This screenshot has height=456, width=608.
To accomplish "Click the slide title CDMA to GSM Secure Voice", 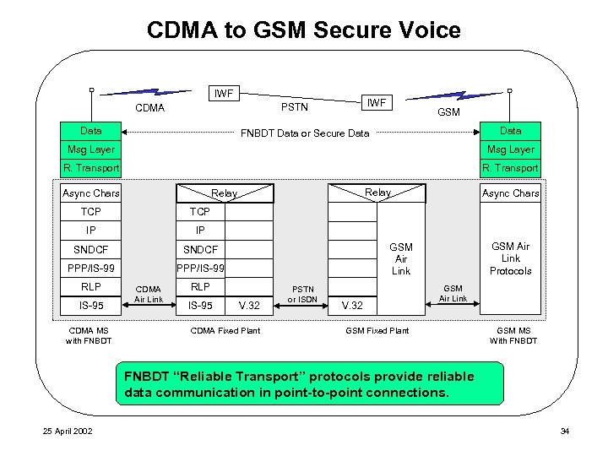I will [x=303, y=30].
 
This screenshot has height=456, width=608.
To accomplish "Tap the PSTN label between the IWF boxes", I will [x=294, y=107].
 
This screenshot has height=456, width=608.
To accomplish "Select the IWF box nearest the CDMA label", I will [x=225, y=92].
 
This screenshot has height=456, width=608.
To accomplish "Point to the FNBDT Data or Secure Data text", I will [x=305, y=133].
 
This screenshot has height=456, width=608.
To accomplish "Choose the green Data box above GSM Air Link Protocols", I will [x=510, y=131].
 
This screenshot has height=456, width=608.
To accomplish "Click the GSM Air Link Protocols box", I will [x=510, y=258].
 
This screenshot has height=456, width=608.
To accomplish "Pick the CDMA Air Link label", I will [x=149, y=294].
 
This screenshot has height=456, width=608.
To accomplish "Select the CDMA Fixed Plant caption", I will [x=225, y=331].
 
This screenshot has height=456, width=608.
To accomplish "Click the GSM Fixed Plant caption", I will [x=377, y=331].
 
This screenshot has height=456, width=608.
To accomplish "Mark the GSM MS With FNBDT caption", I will [x=513, y=335].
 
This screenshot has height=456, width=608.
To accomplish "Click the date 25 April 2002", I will [x=68, y=432].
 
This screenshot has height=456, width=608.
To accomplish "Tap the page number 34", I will [x=565, y=432].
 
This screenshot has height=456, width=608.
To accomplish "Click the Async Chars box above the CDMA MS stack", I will [x=90, y=193].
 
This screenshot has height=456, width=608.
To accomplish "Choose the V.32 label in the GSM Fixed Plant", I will [x=353, y=305].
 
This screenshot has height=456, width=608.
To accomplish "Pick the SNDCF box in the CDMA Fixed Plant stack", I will [x=201, y=249].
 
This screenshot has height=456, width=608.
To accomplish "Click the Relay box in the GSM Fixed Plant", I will [x=377, y=193].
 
